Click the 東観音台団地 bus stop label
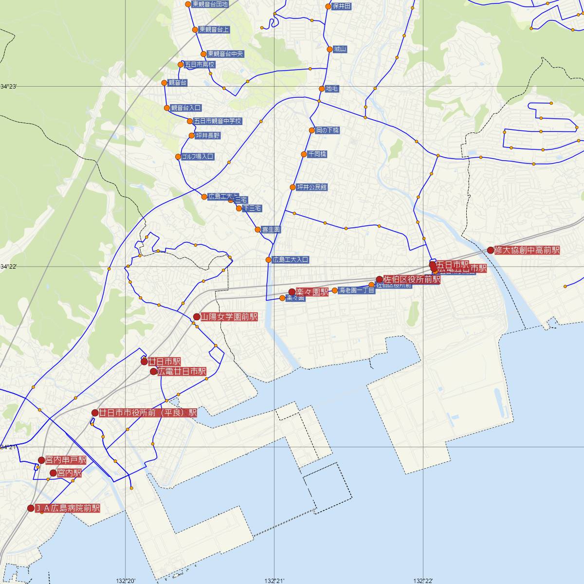pyautogui.click(x=210, y=4)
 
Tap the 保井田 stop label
pyautogui.click(x=342, y=6)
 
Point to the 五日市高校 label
pyautogui.click(x=200, y=64)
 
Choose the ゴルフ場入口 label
pyautogui.click(x=198, y=157)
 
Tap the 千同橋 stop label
pyautogui.click(x=317, y=154)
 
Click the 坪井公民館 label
pyautogui.click(x=312, y=187)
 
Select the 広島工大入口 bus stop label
pyautogui.click(x=291, y=260)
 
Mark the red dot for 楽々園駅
pyautogui.click(x=292, y=292)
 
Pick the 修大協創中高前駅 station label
pyautogui.click(x=527, y=250)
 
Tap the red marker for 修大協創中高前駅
pyautogui.click(x=490, y=250)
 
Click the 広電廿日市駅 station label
pyautogui.click(x=182, y=371)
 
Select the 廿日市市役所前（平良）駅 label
pyautogui.click(x=148, y=413)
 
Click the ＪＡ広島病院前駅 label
pyautogui.click(x=68, y=508)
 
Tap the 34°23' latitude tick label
pyautogui.click(x=8, y=87)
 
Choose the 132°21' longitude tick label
pyautogui.click(x=274, y=581)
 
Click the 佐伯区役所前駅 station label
pyautogui.click(x=412, y=279)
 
